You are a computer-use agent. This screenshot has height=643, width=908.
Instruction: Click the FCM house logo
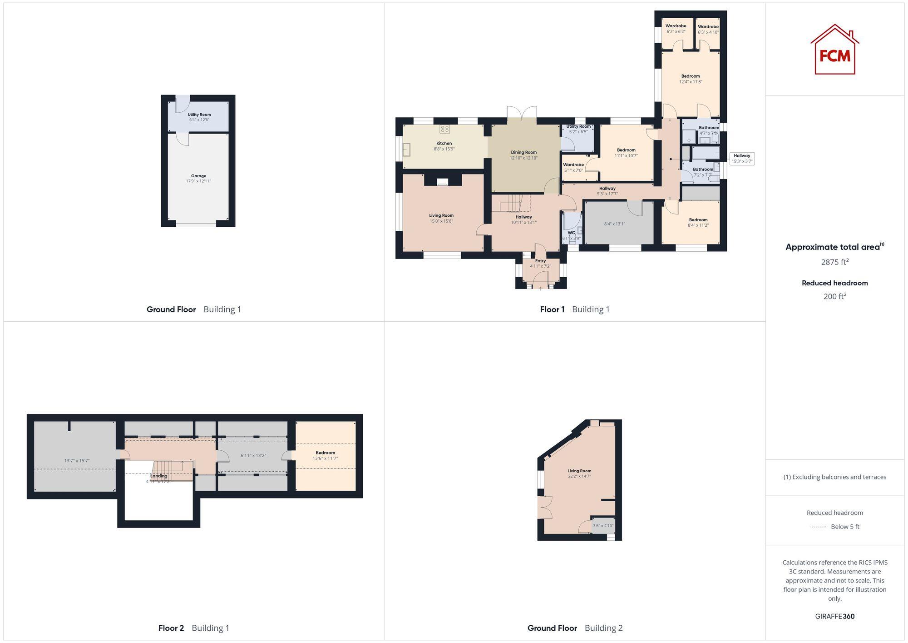[x=834, y=50]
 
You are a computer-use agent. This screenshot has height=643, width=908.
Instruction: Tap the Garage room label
[x=198, y=176]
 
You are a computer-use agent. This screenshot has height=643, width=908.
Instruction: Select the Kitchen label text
[x=444, y=144]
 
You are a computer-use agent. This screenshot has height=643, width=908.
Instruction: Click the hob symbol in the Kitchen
[x=444, y=129]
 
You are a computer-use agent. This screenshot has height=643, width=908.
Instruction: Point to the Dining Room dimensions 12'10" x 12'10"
[x=523, y=158]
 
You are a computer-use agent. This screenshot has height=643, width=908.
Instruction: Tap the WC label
[x=571, y=233]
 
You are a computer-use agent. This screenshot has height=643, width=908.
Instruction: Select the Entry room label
[x=540, y=261]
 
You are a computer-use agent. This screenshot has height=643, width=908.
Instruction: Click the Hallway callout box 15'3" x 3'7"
[x=742, y=159]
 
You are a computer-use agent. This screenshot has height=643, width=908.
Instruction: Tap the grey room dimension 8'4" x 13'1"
[x=615, y=224]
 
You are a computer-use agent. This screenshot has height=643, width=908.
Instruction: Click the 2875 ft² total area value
[x=834, y=262]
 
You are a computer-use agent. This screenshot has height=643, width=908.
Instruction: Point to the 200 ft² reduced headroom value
[x=834, y=296]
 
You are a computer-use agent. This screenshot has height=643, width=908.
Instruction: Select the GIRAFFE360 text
[x=834, y=617]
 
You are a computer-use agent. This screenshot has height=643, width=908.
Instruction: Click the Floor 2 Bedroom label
[x=325, y=453]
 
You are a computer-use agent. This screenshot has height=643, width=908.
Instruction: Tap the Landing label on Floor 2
[x=159, y=476]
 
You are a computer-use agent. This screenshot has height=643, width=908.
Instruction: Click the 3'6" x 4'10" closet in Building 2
[x=603, y=526]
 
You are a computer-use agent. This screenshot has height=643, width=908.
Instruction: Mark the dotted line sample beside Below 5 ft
[x=818, y=527]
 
